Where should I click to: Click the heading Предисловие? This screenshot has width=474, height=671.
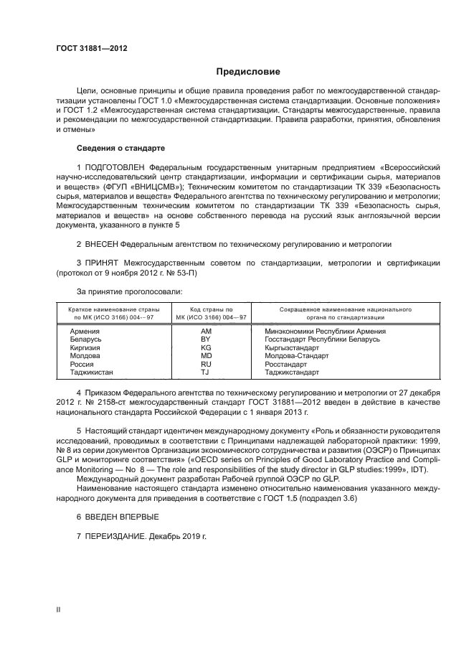click(248, 72)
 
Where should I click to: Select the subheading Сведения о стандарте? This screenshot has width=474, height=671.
click(120, 148)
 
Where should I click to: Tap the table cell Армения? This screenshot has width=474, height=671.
click(85, 332)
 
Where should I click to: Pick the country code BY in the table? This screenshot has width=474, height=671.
click(205, 339)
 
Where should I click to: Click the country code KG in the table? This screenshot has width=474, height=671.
click(205, 347)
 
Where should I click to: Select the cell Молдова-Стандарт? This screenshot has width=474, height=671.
click(296, 355)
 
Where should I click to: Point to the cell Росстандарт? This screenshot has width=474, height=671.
click(286, 364)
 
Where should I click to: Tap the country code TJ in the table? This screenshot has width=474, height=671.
click(205, 372)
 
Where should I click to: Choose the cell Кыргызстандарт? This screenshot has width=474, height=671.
click(292, 347)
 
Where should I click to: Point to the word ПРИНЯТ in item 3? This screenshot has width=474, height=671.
click(103, 263)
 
